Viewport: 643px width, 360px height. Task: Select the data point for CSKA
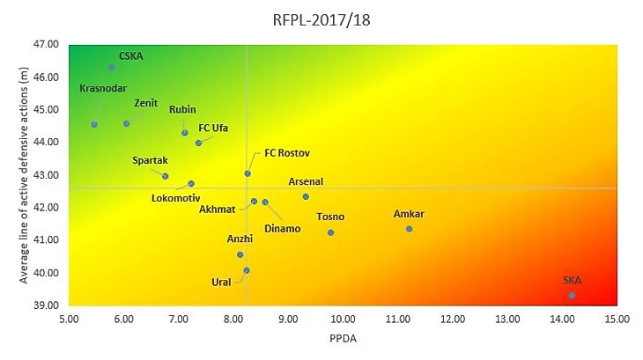(112, 67)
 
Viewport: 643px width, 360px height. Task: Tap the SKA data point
(572, 296)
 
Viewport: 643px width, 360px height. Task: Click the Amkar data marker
(409, 229)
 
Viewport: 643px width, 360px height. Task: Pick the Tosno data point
(330, 232)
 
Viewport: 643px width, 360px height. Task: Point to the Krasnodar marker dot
(94, 124)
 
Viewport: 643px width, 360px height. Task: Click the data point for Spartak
(165, 176)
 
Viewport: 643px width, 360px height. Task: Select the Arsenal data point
(306, 196)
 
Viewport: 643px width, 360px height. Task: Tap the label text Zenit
(145, 102)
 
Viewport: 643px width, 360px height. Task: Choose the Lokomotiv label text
(175, 197)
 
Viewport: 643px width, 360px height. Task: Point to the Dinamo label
(282, 229)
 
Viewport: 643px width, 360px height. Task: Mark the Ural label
(221, 283)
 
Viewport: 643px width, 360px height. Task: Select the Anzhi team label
(240, 239)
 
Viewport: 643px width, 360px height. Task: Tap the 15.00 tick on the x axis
(616, 319)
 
